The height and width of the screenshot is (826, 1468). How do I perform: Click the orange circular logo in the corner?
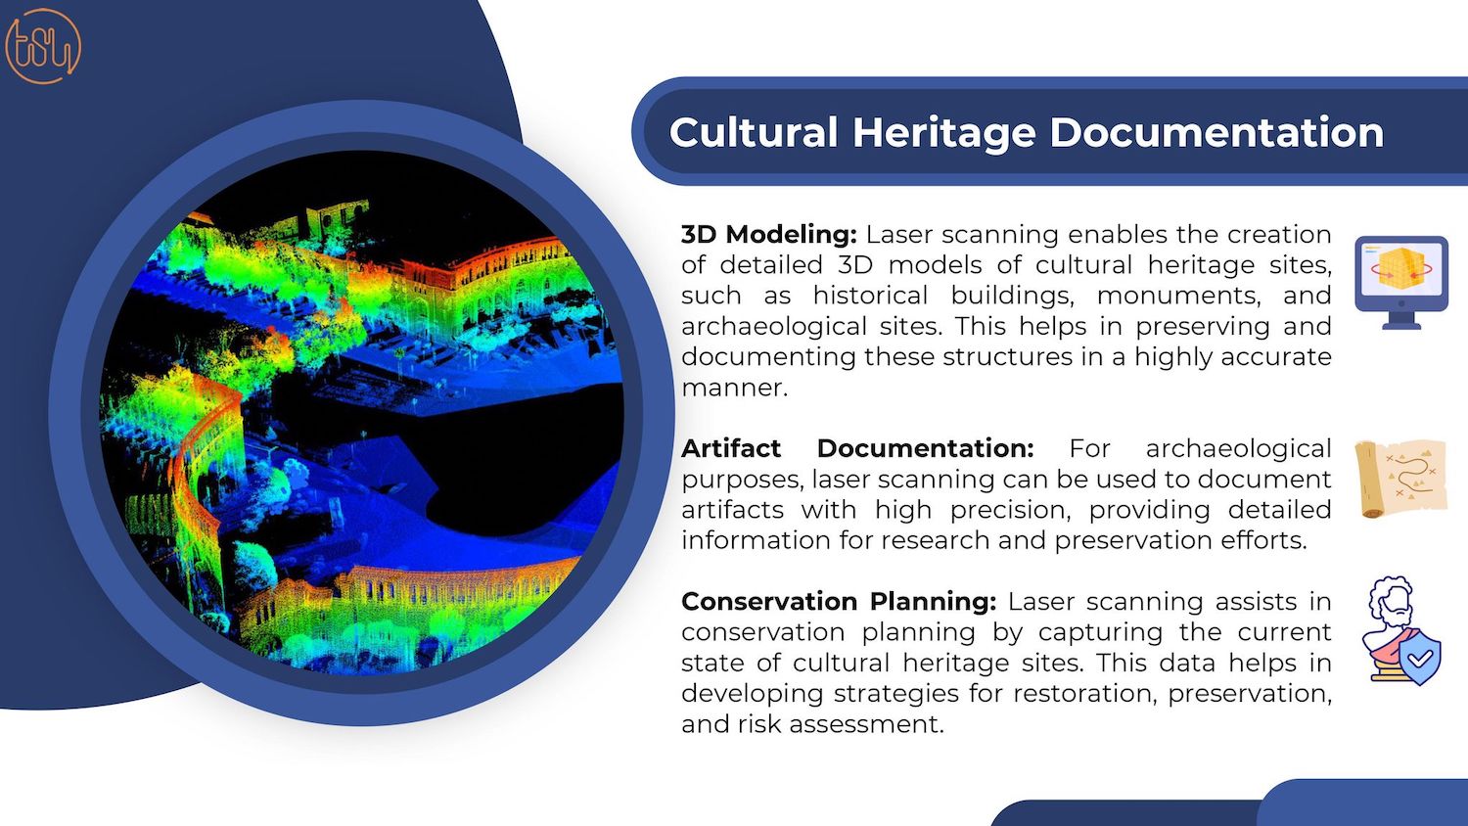pyautogui.click(x=43, y=46)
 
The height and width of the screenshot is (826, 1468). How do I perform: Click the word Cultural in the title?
pyautogui.click(x=754, y=132)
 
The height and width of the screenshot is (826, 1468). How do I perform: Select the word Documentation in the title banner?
pyautogui.click(x=1216, y=132)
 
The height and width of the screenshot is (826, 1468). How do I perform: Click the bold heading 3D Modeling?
pyautogui.click(x=768, y=234)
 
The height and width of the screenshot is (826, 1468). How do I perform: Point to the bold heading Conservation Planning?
pyautogui.click(x=839, y=601)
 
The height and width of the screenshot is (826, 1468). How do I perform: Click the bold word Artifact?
pyautogui.click(x=731, y=448)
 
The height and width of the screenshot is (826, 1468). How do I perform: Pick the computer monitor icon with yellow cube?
pyautogui.click(x=1401, y=283)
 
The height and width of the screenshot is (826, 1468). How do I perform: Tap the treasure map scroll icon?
pyautogui.click(x=1400, y=479)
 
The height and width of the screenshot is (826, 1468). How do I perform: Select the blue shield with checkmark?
pyautogui.click(x=1420, y=658)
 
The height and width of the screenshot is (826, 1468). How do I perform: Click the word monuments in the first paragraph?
pyautogui.click(x=1177, y=296)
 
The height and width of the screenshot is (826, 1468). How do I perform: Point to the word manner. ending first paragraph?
pyautogui.click(x=734, y=388)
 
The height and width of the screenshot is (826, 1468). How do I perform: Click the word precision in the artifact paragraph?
pyautogui.click(x=1010, y=510)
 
